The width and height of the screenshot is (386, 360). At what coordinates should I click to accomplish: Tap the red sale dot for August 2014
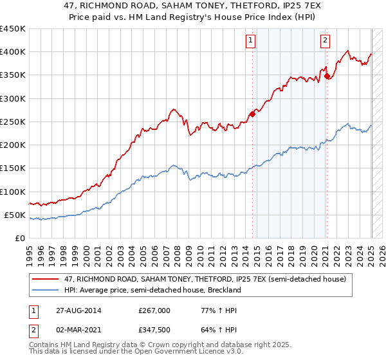pos(253,114)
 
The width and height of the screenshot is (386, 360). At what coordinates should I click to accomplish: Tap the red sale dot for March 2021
pos(327,76)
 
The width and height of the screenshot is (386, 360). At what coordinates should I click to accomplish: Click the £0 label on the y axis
pos(19,239)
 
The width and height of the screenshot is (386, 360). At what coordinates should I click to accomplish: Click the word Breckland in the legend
pos(222,290)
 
